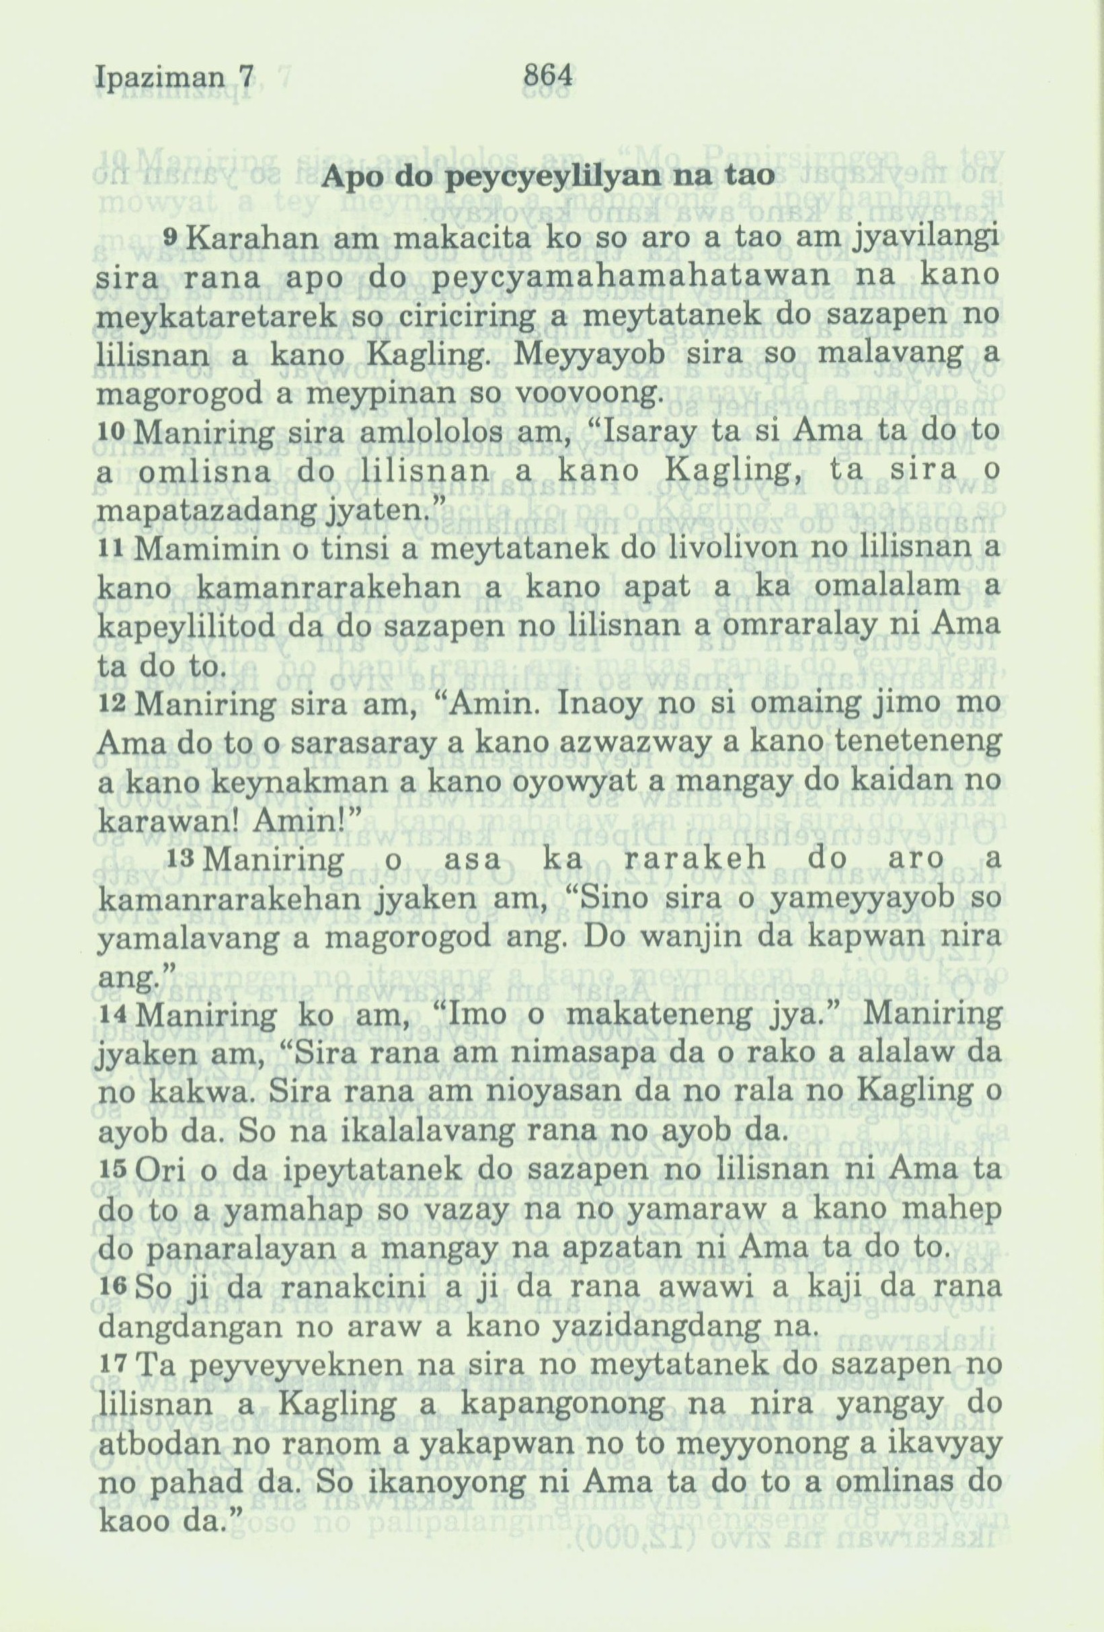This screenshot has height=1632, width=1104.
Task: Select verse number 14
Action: click(x=110, y=1015)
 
